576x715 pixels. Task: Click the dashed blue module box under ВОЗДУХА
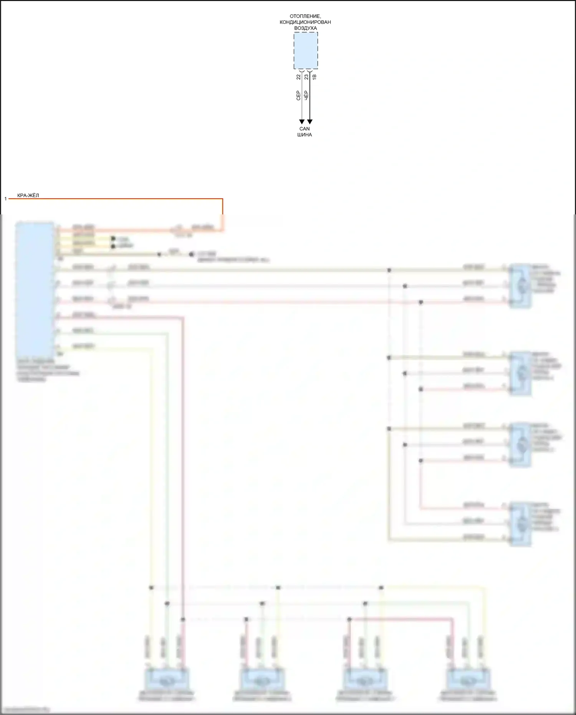306,50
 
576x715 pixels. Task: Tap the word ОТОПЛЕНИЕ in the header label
305,16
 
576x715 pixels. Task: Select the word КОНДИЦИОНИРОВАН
305,22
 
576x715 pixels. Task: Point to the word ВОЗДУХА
305,28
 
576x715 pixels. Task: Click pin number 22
299,77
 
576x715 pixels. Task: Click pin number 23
306,77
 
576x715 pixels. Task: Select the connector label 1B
314,77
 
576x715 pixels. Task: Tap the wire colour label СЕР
298,96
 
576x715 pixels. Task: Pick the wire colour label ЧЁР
306,96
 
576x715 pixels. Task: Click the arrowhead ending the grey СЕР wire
302,122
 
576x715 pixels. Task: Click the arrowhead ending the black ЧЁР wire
310,122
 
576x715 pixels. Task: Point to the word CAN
305,129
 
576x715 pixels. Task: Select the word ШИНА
305,135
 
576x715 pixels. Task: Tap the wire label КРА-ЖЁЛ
28,196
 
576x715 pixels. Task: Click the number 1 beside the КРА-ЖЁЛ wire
5,199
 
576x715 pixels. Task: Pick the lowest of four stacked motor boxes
520,524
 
